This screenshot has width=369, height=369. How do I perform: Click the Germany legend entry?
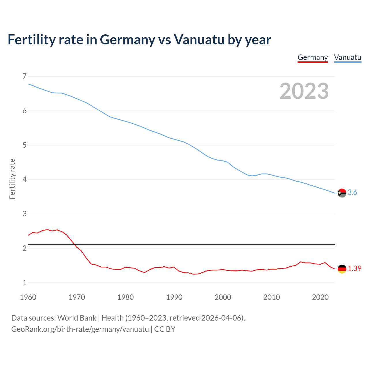312,58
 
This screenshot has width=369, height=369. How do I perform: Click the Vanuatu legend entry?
347,58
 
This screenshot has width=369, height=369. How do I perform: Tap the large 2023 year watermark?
304,91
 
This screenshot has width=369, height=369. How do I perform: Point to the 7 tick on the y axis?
25,76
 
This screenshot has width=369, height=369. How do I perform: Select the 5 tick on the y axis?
25,145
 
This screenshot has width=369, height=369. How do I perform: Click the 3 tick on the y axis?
25,214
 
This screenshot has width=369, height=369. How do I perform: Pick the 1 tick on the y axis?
25,283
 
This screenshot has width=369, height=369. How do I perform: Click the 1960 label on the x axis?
28,297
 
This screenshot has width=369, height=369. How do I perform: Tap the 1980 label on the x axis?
125,297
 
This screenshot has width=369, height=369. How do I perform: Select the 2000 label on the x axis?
223,297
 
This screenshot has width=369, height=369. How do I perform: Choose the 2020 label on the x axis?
320,297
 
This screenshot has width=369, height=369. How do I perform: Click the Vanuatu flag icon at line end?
342,193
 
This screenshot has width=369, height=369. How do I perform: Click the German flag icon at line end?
342,269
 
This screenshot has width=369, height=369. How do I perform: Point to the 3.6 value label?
352,193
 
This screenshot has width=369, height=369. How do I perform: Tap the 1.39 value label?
354,269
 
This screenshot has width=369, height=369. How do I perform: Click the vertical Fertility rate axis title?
12,179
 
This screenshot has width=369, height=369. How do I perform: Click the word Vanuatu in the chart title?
199,40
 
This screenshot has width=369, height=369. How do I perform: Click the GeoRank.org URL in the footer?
80,329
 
